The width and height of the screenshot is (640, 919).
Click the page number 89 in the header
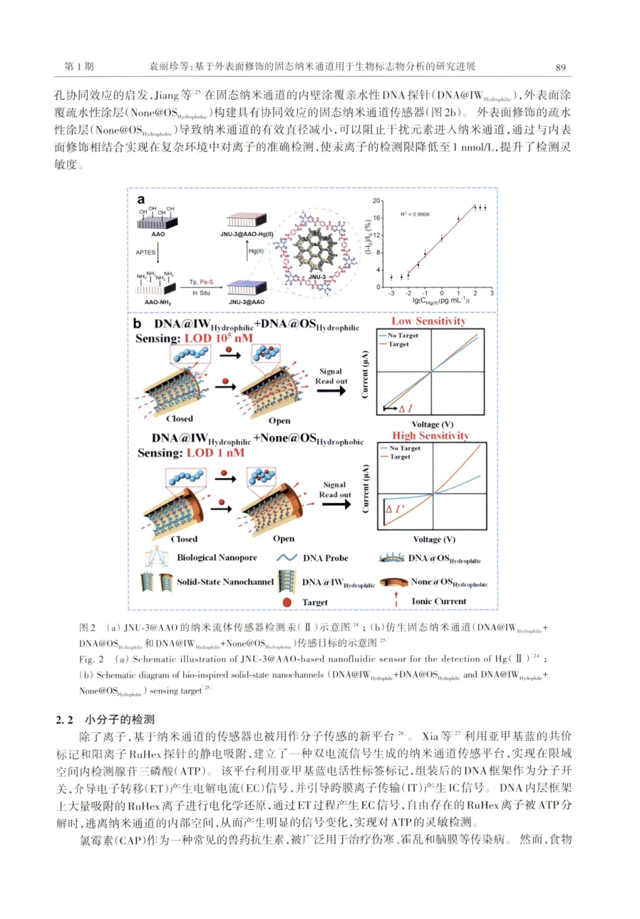(x=561, y=67)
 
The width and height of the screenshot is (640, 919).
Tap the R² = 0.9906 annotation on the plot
(x=414, y=214)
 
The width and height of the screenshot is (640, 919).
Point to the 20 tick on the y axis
(x=377, y=202)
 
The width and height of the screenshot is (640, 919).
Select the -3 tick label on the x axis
(x=391, y=293)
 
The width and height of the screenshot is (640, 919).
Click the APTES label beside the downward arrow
(x=145, y=252)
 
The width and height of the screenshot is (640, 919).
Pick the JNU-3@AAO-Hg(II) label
(x=247, y=235)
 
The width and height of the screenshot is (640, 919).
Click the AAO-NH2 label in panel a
(x=158, y=303)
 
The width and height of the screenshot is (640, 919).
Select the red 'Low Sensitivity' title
(x=429, y=322)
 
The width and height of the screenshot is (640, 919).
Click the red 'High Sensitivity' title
(x=430, y=436)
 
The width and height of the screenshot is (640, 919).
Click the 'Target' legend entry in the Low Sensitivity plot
(x=398, y=345)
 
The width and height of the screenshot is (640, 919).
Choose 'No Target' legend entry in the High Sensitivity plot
(x=404, y=448)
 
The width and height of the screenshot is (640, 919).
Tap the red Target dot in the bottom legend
(x=287, y=602)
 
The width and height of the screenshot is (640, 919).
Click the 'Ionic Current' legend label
(x=439, y=601)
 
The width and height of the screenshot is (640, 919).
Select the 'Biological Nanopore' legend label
(x=217, y=558)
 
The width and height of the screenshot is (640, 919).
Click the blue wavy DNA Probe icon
(x=287, y=558)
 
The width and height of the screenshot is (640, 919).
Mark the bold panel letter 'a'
(x=141, y=200)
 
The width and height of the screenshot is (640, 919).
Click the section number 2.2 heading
(x=65, y=720)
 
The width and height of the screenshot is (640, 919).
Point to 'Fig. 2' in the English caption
(x=92, y=659)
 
